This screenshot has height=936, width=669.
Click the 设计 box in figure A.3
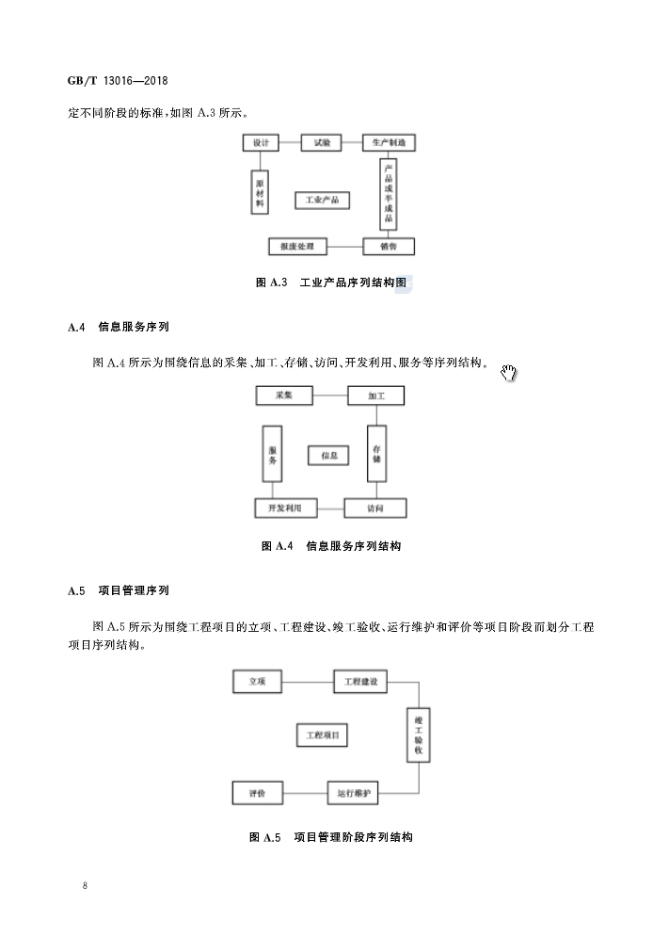pyautogui.click(x=261, y=143)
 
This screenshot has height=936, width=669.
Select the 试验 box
pyautogui.click(x=321, y=143)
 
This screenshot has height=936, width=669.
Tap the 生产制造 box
pyautogui.click(x=389, y=143)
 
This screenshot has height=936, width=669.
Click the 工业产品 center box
pyautogui.click(x=322, y=200)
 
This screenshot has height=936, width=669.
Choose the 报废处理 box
pyautogui.click(x=297, y=247)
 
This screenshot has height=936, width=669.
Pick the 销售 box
pyautogui.click(x=389, y=247)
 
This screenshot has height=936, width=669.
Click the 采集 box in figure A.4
pyautogui.click(x=284, y=395)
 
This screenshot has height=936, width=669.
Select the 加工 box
pyautogui.click(x=375, y=395)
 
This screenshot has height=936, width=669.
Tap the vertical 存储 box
pyautogui.click(x=375, y=453)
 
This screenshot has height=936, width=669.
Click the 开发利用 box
pyautogui.click(x=285, y=508)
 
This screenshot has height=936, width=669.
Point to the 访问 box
pyautogui.click(x=374, y=508)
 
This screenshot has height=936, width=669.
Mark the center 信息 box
pyautogui.click(x=328, y=455)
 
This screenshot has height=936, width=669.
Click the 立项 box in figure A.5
pyautogui.click(x=257, y=681)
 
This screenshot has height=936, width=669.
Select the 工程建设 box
pyautogui.click(x=360, y=681)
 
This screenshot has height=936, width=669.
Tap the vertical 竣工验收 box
pyautogui.click(x=419, y=734)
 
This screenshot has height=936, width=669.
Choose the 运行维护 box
pyautogui.click(x=354, y=793)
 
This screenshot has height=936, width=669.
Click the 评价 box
pyautogui.click(x=257, y=793)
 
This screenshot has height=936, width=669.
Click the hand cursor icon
pyautogui.click(x=509, y=374)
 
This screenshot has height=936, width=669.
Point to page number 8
pyautogui.click(x=85, y=886)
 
